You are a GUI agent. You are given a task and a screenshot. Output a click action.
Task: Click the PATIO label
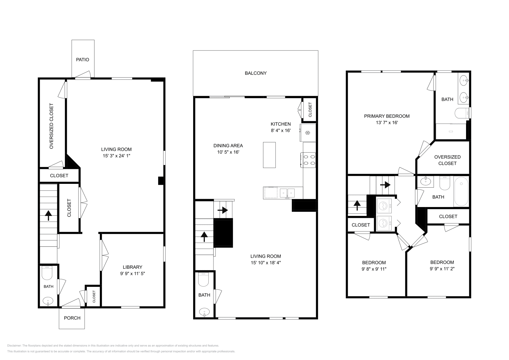coord(82,59)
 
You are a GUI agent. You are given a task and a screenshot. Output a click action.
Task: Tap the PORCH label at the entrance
coord(72,318)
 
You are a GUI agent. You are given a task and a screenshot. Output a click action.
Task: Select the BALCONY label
coord(255,73)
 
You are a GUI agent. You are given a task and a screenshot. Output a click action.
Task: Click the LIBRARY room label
coord(132,267)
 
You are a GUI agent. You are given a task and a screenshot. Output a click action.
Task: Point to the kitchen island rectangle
coord(269,155)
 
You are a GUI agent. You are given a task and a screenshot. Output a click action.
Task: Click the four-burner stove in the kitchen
coord(308,160)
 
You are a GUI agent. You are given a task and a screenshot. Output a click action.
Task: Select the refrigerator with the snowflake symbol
coord(308,133)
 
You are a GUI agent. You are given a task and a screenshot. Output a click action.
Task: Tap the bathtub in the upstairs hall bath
coord(461,192)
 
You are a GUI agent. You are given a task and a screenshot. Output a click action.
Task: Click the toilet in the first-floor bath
coord(48,272)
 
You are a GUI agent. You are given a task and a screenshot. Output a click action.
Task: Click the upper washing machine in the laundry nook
coord(384,206)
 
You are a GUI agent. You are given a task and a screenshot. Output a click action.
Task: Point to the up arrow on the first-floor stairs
coord(48,215)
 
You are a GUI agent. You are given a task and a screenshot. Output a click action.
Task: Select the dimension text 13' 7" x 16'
coord(387,122)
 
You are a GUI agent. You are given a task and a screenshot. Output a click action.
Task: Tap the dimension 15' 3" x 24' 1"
coord(116,156)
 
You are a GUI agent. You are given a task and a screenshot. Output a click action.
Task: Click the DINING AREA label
coord(228,146)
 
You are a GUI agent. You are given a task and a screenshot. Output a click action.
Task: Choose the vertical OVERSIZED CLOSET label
coord(51,126)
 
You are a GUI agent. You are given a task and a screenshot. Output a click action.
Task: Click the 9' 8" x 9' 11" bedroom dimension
coord(374,269)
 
